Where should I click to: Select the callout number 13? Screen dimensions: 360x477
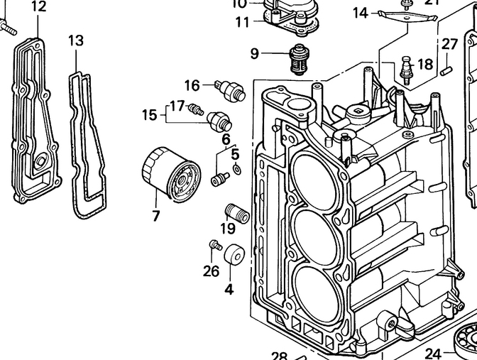(76, 40)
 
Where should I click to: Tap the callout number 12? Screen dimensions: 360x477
(39, 7)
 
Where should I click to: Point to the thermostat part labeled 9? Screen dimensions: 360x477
(299, 58)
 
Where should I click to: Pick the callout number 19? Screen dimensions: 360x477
(227, 229)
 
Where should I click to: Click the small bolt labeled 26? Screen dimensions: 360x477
(212, 245)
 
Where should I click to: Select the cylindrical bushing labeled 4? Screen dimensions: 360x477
(234, 256)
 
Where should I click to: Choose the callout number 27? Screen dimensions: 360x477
(450, 44)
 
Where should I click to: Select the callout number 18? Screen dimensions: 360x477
(424, 65)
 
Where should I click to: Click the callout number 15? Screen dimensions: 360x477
(148, 114)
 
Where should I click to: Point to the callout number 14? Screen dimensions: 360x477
(361, 13)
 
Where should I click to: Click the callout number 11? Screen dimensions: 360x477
(243, 21)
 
